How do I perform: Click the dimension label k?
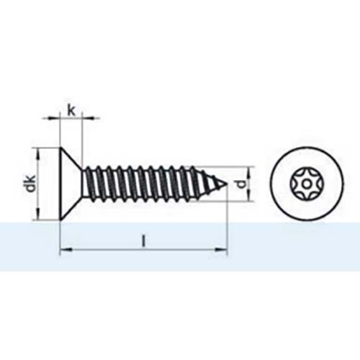[x=71, y=109]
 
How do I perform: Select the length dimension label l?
[x=144, y=242]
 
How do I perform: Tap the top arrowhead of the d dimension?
[x=247, y=171]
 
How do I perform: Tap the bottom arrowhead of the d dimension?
[x=247, y=198]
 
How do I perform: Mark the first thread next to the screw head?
[x=89, y=184]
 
